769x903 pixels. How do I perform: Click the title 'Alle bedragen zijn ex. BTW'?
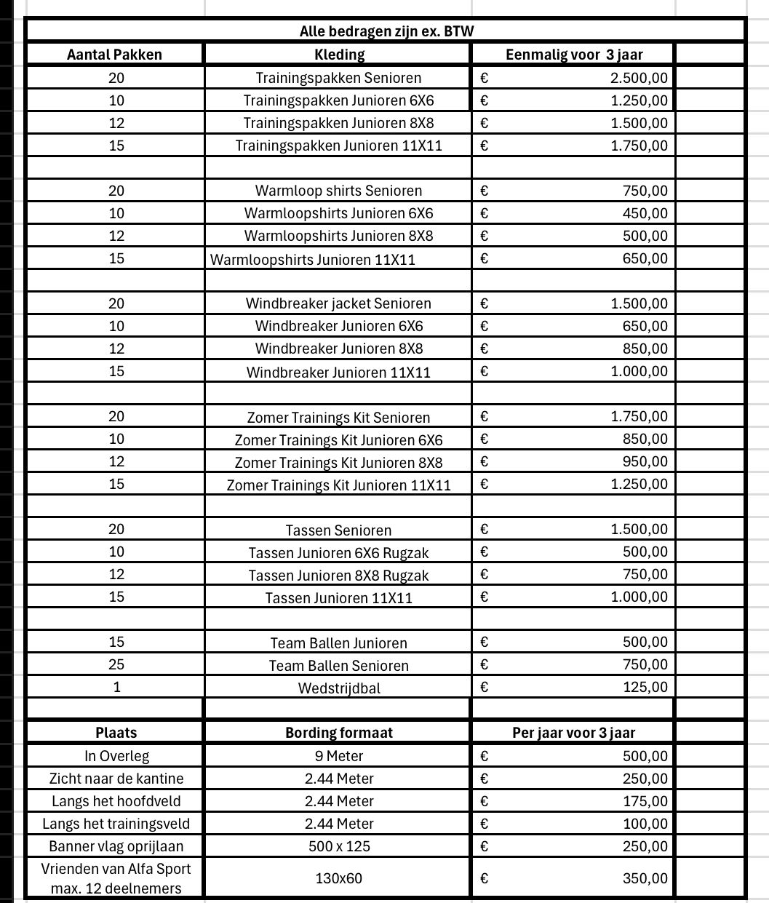pos(386,31)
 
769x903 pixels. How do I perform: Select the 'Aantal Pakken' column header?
pos(114,55)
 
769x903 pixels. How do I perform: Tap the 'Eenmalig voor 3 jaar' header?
pos(574,55)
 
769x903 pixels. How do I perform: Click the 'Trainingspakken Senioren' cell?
pos(338,78)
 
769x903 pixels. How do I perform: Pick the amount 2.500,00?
pos(639,78)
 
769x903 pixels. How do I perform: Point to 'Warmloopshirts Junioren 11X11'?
pos(313,259)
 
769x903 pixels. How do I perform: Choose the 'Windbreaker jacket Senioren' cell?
pos(338,303)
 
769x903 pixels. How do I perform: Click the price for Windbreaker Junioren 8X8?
pos(645,349)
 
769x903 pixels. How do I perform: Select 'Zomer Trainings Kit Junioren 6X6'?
pos(338,440)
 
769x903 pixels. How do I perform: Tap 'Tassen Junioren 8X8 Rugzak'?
pos(338,576)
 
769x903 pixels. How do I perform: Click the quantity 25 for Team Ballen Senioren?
pos(116,664)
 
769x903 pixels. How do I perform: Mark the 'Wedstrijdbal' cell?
pos(338,688)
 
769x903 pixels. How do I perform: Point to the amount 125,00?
pos(645,687)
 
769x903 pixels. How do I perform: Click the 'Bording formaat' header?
pos(338,733)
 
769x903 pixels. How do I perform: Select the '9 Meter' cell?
pos(338,756)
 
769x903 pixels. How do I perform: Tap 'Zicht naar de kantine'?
pos(116,779)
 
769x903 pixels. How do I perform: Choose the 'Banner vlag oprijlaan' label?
pos(116,846)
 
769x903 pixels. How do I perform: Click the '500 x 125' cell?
pos(338,846)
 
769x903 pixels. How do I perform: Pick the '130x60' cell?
pos(338,878)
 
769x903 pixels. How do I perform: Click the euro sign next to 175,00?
pos(485,801)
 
